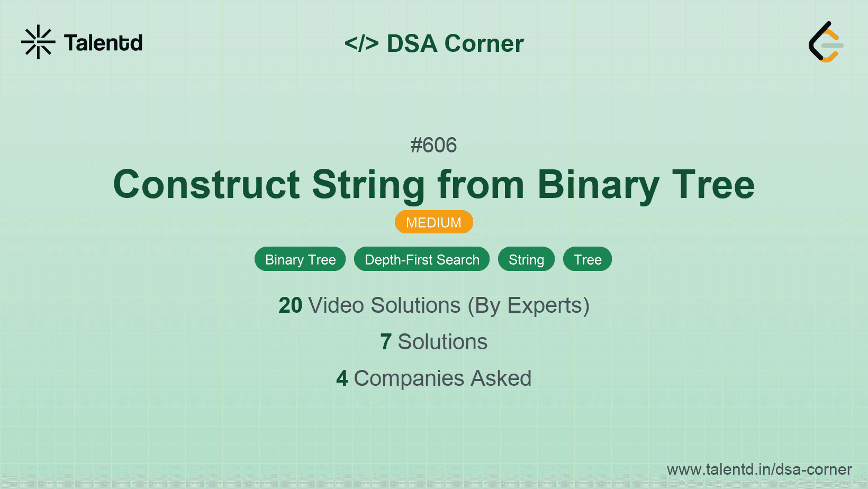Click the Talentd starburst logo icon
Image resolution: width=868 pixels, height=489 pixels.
[x=38, y=42]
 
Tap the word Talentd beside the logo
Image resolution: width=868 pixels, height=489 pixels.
[x=103, y=43]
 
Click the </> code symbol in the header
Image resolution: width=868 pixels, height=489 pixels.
[x=361, y=43]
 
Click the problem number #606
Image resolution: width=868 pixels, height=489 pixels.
[x=433, y=145]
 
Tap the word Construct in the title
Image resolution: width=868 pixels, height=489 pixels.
[x=206, y=185]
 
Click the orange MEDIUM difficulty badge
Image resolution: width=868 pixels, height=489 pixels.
[x=434, y=222]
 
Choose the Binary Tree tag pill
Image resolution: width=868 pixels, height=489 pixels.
[x=300, y=259]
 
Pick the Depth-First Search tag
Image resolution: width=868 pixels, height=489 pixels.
[x=422, y=259]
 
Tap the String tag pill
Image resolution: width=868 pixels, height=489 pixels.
[x=526, y=259]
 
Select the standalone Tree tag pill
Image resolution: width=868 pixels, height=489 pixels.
[x=587, y=259]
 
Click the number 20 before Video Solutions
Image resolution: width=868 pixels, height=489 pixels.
[x=290, y=305]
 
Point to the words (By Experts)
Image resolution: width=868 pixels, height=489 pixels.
[x=529, y=306]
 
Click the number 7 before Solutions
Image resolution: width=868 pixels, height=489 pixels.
[x=385, y=342]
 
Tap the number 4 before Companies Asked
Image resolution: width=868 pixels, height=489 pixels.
[x=342, y=378]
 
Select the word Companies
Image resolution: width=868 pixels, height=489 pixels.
[x=409, y=378]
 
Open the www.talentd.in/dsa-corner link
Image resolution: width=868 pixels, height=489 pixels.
[x=759, y=469]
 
